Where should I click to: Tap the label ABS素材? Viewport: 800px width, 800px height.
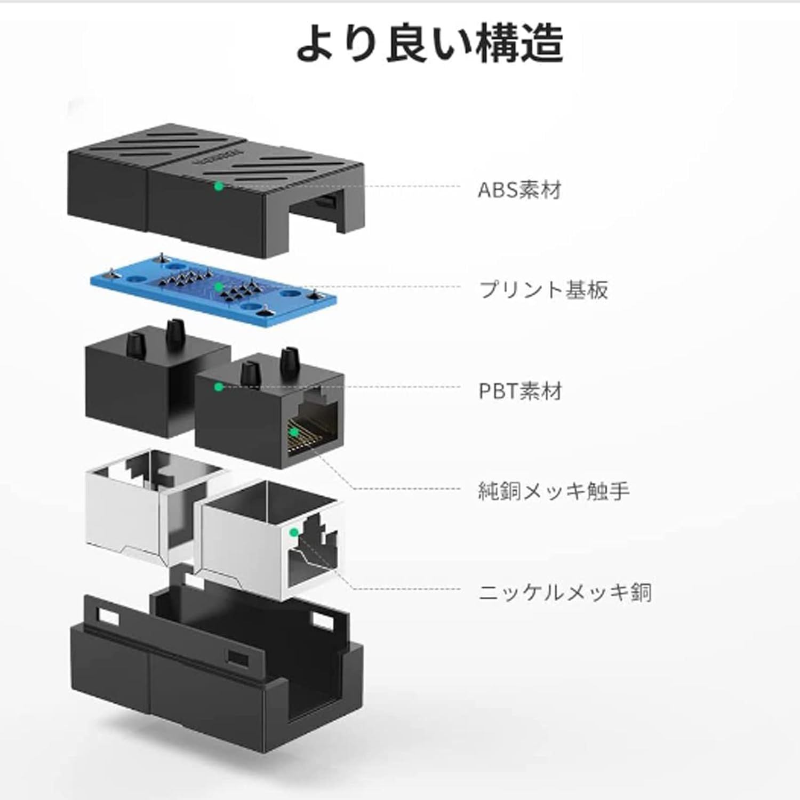click(519, 189)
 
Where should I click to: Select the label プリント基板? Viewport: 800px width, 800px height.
click(543, 290)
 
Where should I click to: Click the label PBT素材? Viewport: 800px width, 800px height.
click(520, 391)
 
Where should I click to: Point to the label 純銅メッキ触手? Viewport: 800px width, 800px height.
click(554, 491)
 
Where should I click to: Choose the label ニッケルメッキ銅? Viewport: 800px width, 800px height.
click(565, 592)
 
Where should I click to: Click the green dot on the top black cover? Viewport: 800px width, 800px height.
click(218, 186)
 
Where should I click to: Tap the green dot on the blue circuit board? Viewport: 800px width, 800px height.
click(218, 287)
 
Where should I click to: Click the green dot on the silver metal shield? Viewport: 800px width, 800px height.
click(293, 532)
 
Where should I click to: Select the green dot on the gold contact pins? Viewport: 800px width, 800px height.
click(293, 431)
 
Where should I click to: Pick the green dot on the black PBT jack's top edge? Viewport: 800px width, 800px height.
click(218, 387)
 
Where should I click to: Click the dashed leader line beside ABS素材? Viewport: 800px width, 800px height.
click(347, 187)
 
